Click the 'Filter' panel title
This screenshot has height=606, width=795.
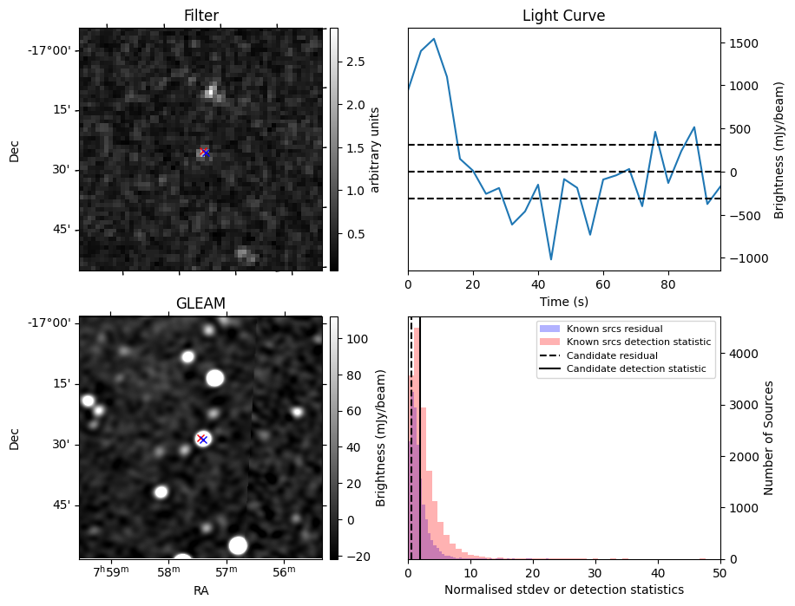(x=200, y=16)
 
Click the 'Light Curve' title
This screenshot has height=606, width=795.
(x=563, y=16)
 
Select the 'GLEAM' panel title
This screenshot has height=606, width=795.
(x=200, y=303)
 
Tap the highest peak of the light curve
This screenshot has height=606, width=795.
(x=434, y=39)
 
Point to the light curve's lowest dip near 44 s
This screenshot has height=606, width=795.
(x=550, y=259)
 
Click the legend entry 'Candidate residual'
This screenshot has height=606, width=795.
(x=612, y=356)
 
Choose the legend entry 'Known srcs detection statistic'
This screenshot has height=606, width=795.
(x=638, y=342)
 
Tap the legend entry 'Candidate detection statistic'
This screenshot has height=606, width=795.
(x=635, y=370)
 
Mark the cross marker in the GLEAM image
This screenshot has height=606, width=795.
(x=202, y=439)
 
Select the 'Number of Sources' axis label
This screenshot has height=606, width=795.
(x=769, y=438)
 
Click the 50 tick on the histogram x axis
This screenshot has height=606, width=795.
(x=719, y=573)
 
